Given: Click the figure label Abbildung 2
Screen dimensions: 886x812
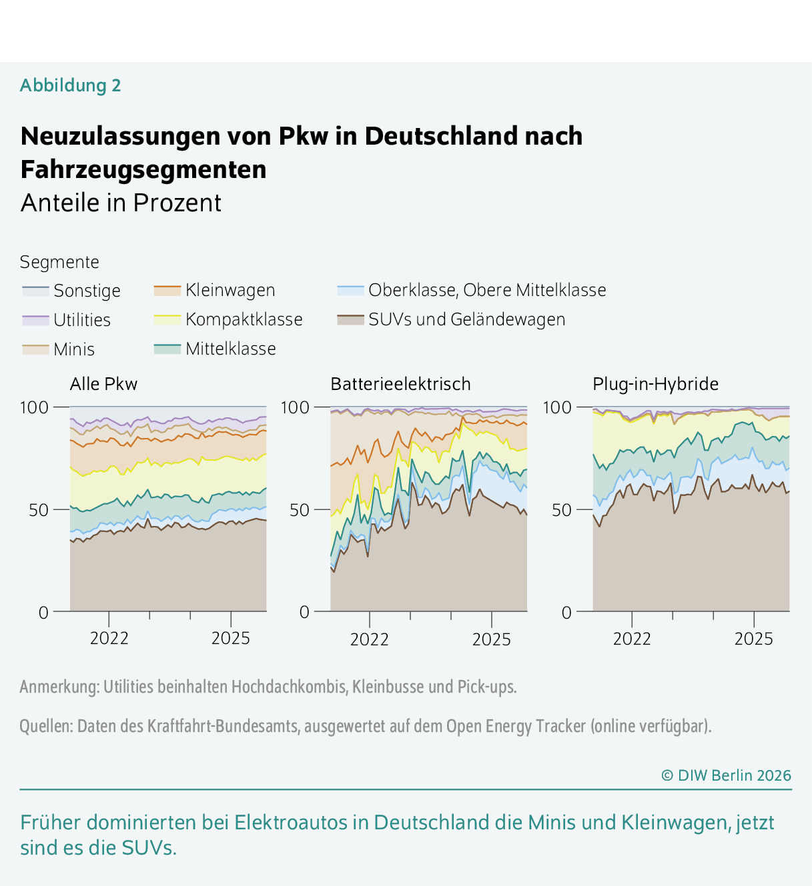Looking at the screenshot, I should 70,85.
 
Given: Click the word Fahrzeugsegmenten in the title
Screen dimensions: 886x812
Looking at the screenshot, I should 143,169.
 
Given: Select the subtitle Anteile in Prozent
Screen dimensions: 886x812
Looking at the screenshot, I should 121,203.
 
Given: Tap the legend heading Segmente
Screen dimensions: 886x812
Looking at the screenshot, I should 59,262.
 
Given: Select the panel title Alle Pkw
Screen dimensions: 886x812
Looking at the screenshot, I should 103,384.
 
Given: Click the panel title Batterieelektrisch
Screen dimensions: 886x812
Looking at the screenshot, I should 400,384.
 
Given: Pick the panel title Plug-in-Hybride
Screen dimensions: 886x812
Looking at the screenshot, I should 655,384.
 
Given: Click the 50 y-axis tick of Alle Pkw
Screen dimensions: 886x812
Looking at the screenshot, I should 39,510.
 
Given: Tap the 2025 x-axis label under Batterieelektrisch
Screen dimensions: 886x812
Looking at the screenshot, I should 491,639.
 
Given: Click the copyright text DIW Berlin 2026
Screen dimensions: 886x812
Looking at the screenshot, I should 726,775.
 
